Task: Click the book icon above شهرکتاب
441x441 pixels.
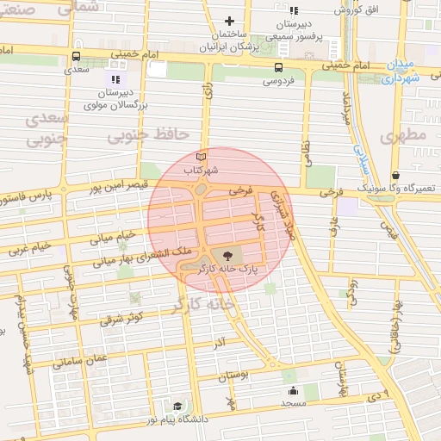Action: click(202, 158)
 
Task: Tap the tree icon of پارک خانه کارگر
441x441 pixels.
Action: click(227, 255)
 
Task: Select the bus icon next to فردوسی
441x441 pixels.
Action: click(278, 68)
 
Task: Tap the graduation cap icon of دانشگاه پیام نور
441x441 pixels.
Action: click(177, 405)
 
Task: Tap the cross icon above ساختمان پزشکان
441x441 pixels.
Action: click(229, 21)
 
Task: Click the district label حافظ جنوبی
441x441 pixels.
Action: click(148, 135)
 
